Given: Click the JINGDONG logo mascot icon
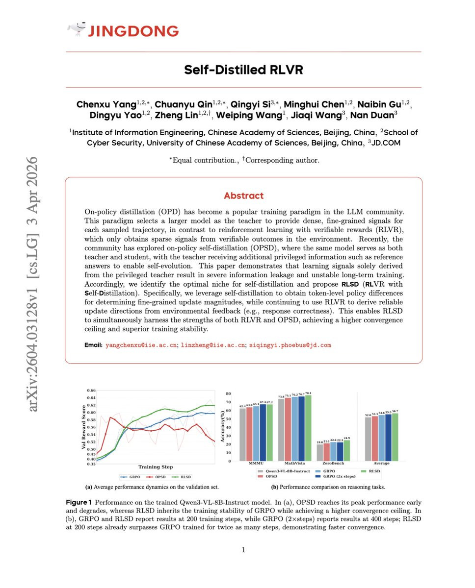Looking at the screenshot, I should click(x=76, y=30).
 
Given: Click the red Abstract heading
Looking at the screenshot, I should click(x=243, y=196).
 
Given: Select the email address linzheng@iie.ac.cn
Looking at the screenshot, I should click(x=213, y=345).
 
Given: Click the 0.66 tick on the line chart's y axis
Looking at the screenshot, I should click(x=91, y=391).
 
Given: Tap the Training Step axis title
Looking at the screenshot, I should click(x=155, y=467).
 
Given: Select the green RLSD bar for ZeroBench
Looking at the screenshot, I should click(x=347, y=450).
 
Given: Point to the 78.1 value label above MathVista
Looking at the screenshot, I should click(x=308, y=393).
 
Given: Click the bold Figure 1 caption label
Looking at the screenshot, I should click(x=79, y=503).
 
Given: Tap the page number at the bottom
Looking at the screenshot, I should click(x=243, y=550).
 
